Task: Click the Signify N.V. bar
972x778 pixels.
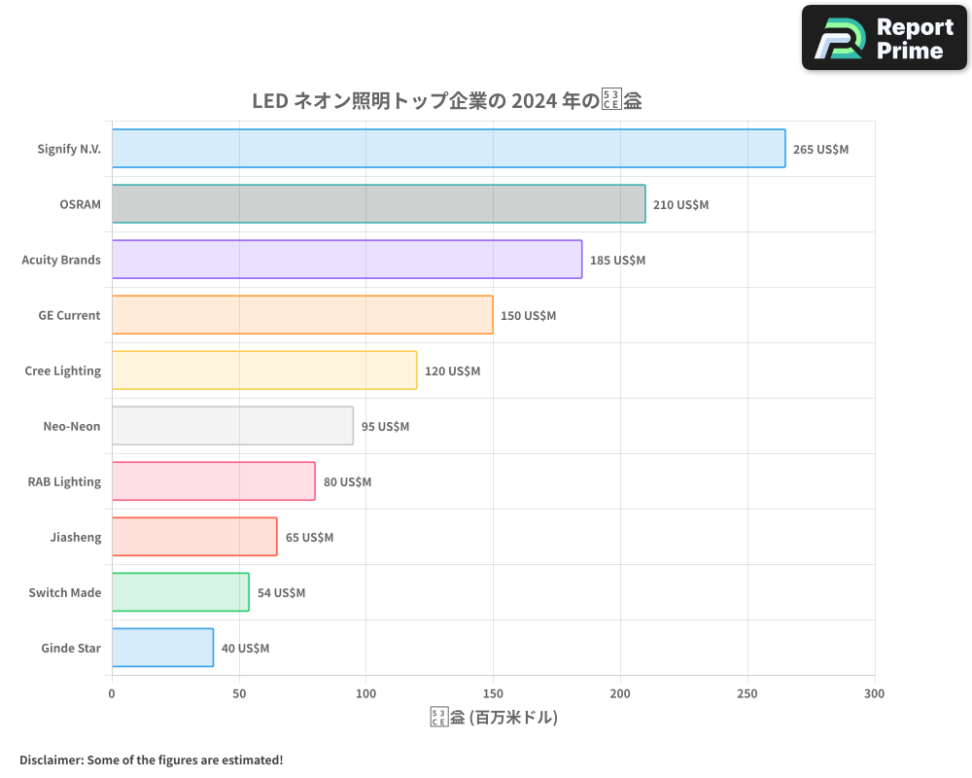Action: click(448, 149)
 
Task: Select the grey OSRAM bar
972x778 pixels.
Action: click(378, 204)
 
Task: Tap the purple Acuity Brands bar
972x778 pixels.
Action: click(347, 260)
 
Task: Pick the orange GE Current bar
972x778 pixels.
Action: click(302, 315)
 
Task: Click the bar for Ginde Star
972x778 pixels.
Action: click(162, 648)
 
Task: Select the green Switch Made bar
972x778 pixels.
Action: click(180, 592)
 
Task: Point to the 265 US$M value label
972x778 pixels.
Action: click(820, 150)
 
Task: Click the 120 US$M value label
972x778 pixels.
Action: click(452, 371)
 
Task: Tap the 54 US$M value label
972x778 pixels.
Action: click(281, 593)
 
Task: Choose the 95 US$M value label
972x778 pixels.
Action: click(385, 427)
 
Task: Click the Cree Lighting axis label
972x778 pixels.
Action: click(62, 371)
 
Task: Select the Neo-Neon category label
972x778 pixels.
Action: click(71, 426)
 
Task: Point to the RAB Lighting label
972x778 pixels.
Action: click(64, 481)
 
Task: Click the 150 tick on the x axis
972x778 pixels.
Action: click(493, 693)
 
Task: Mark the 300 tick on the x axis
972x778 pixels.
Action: click(874, 693)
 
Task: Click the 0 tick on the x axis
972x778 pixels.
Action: click(112, 693)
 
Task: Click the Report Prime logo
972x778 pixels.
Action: click(885, 38)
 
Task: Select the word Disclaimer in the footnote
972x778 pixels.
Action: click(50, 760)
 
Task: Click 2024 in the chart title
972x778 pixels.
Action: click(534, 101)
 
